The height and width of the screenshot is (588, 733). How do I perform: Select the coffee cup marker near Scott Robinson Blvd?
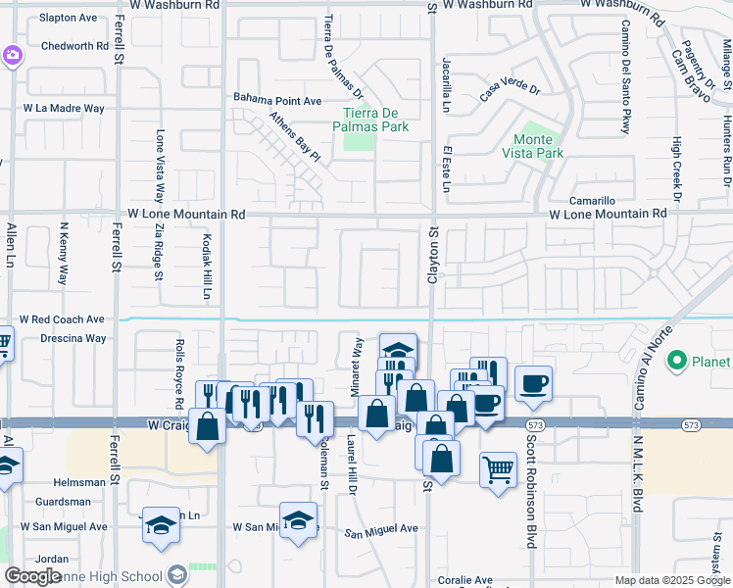(x=532, y=383)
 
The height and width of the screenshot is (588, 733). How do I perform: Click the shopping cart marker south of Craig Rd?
(x=498, y=469)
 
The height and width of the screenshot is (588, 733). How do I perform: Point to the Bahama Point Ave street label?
(x=277, y=100)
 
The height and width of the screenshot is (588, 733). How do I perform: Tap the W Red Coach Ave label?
(x=62, y=319)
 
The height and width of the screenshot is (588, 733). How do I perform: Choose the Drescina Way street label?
(x=68, y=338)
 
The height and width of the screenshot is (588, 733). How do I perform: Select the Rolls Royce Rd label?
(x=179, y=374)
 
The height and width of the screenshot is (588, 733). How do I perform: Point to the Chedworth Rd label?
(x=74, y=46)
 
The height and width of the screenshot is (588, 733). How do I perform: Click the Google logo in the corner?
(x=32, y=576)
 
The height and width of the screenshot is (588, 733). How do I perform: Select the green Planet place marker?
(x=675, y=363)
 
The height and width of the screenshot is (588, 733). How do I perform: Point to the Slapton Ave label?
(x=69, y=18)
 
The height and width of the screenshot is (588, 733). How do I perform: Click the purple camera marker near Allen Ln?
(x=12, y=55)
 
